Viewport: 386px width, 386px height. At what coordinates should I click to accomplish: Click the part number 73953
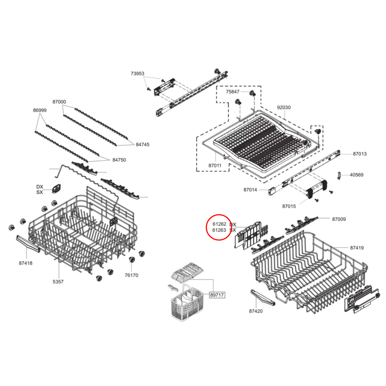pyautogui.click(x=137, y=73)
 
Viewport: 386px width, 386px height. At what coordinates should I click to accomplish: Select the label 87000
pyautogui.click(x=59, y=102)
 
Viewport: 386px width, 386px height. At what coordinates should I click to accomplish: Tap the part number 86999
pyautogui.click(x=40, y=110)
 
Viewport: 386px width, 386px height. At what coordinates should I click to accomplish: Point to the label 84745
pyautogui.click(x=142, y=145)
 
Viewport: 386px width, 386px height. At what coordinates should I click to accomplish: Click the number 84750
pyautogui.click(x=119, y=160)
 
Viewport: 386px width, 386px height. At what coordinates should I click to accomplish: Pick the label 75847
pyautogui.click(x=232, y=92)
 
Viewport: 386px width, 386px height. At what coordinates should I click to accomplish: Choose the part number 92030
pyautogui.click(x=283, y=107)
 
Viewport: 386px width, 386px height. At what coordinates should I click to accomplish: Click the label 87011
pyautogui.click(x=215, y=166)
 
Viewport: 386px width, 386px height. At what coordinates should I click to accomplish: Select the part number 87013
pyautogui.click(x=360, y=154)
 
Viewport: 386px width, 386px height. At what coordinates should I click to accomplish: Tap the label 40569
pyautogui.click(x=356, y=175)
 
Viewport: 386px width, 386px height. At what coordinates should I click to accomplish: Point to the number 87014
pyautogui.click(x=250, y=190)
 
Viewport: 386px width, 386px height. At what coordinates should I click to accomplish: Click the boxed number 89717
pyautogui.click(x=217, y=295)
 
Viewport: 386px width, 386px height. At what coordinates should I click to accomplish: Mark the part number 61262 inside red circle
pyautogui.click(x=219, y=224)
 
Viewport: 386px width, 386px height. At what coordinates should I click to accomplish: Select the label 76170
pyautogui.click(x=131, y=275)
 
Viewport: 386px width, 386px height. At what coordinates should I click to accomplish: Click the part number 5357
pyautogui.click(x=58, y=282)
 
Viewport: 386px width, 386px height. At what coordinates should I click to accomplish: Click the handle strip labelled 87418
pyautogui.click(x=28, y=243)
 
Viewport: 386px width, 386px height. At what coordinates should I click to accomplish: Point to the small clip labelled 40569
pyautogui.click(x=339, y=176)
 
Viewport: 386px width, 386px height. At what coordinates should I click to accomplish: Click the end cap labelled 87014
pyautogui.click(x=272, y=191)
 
